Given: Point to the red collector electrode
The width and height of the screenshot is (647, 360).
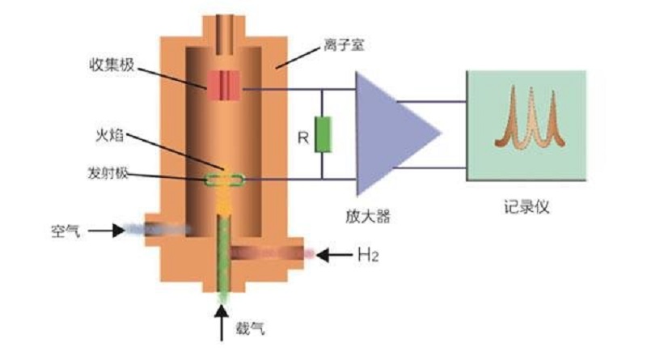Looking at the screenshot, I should pyautogui.click(x=223, y=84).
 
